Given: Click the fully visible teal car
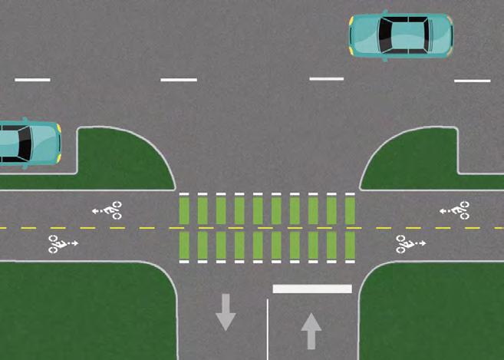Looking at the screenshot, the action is (400, 35).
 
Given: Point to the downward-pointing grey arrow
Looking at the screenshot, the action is (226, 311).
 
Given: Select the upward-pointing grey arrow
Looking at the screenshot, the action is (311, 331).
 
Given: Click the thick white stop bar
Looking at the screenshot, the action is (312, 289).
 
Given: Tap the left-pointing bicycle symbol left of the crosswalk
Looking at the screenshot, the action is (107, 208).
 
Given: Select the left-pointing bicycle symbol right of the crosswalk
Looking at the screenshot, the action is (455, 209).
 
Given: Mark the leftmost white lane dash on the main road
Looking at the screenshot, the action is (32, 80).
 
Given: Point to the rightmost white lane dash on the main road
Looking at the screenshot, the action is (472, 81).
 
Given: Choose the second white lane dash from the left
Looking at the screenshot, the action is (179, 80).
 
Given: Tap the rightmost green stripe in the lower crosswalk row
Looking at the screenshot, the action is (350, 246).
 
